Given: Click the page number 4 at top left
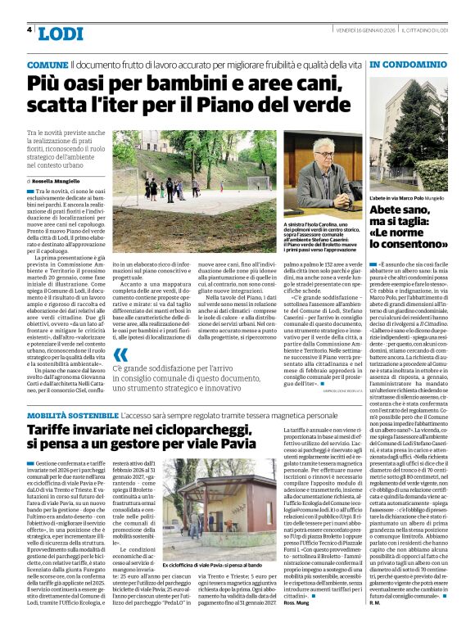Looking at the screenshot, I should click(x=30, y=30).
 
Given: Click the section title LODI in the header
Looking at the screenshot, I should click(x=61, y=34).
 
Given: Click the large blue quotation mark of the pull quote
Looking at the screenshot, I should click(x=120, y=354).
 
